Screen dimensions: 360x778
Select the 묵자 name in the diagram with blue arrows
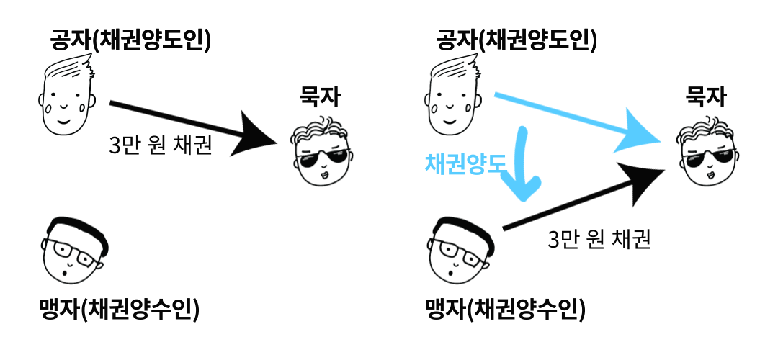coord(707,96)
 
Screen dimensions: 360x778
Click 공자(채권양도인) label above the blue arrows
coord(517,40)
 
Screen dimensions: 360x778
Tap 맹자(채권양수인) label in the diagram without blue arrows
coord(118,310)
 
